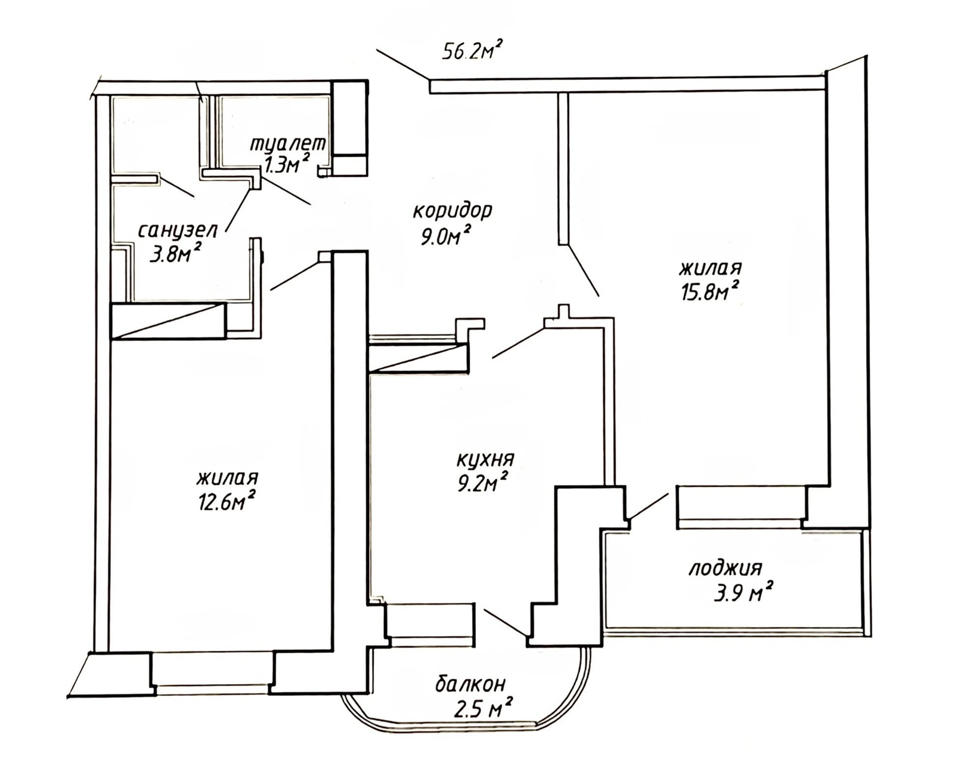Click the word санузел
178,232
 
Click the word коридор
453,212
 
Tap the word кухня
485,460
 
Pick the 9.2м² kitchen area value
482,482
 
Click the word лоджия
724,569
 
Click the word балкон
470,685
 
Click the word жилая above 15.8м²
711,269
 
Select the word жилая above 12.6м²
228,478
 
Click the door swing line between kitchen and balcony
505,622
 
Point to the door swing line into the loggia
649,506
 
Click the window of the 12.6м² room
213,680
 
